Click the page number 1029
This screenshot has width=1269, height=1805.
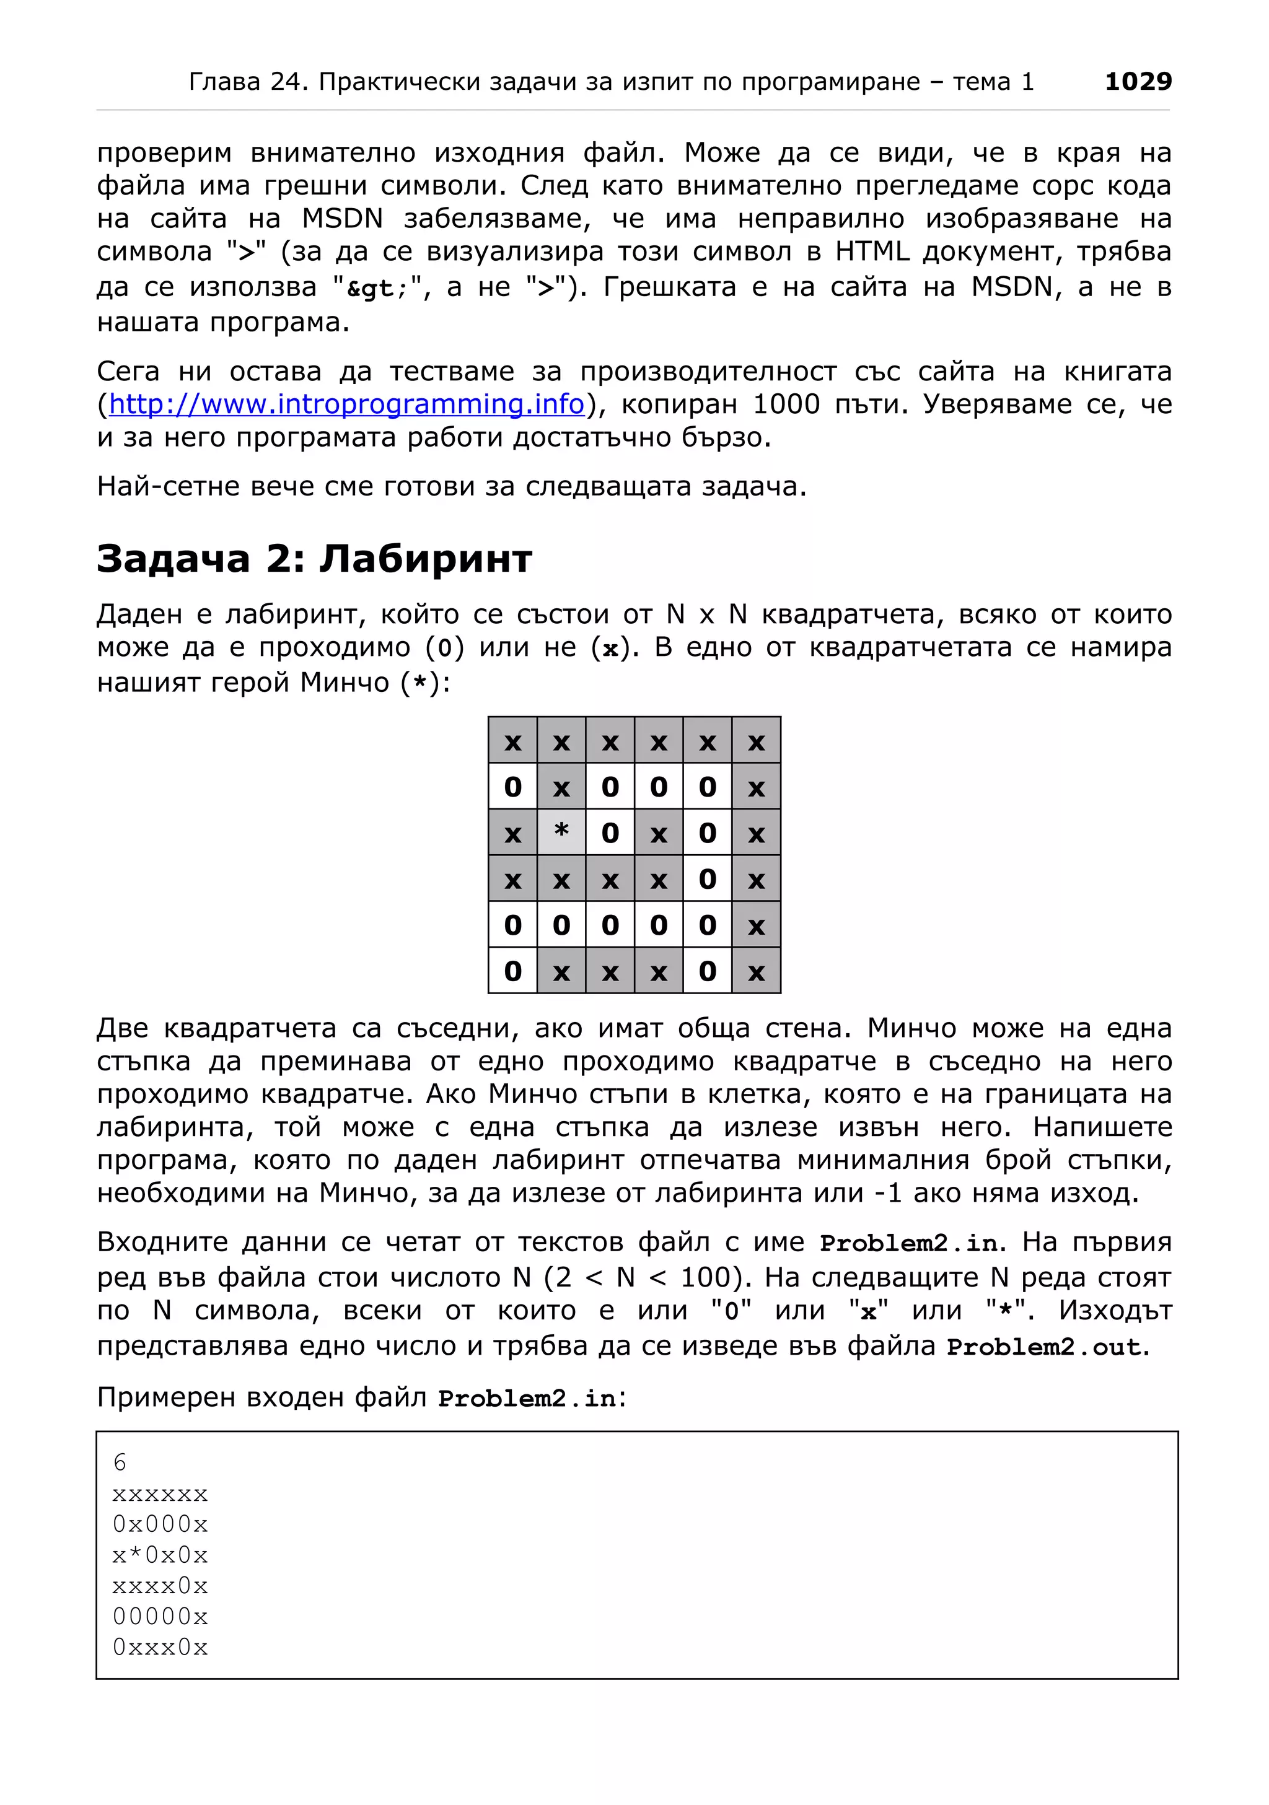pyautogui.click(x=1137, y=81)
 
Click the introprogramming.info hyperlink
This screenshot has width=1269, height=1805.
pyautogui.click(x=346, y=404)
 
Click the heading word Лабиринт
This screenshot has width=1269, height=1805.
pyautogui.click(x=425, y=559)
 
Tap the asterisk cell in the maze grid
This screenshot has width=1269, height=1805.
pyautogui.click(x=561, y=832)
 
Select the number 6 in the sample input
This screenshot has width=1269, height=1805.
pyautogui.click(x=120, y=1463)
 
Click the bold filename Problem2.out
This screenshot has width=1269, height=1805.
pyautogui.click(x=1047, y=1347)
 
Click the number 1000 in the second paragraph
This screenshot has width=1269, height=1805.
pyautogui.click(x=786, y=404)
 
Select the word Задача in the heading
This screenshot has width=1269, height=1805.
pyautogui.click(x=173, y=559)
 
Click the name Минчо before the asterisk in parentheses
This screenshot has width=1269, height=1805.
pyautogui.click(x=345, y=683)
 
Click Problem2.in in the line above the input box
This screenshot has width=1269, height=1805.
pyautogui.click(x=527, y=1399)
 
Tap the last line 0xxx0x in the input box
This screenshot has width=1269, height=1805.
pyautogui.click(x=160, y=1648)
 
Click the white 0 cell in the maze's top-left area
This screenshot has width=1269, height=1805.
pyautogui.click(x=512, y=787)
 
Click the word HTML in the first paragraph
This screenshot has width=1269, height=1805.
pyautogui.click(x=872, y=251)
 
